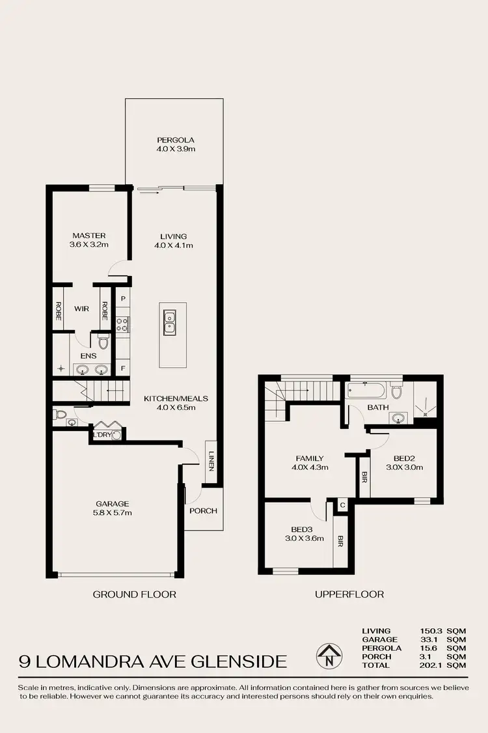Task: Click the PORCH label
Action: click(x=202, y=511)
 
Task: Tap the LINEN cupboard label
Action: click(x=211, y=462)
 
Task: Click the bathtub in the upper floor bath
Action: click(x=367, y=392)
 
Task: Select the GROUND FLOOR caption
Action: click(x=134, y=594)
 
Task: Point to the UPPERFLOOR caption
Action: click(x=349, y=594)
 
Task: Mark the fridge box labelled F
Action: click(x=122, y=368)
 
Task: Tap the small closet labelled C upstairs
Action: click(x=342, y=505)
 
